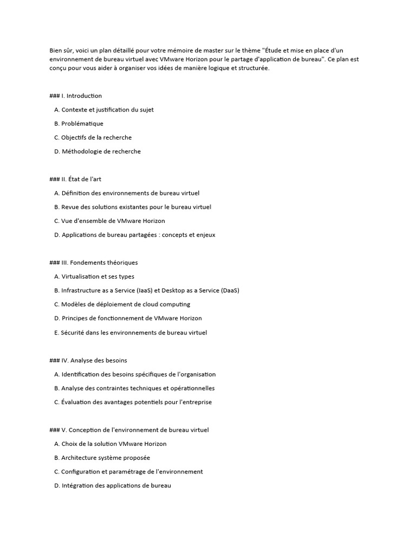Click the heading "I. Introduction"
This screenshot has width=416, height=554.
(81, 96)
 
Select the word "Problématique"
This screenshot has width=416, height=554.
(82, 124)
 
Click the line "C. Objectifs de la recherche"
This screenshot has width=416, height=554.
(93, 137)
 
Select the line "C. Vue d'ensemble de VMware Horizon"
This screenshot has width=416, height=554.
(109, 221)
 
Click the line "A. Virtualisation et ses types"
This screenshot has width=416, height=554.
(94, 276)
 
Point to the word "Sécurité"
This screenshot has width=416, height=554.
(73, 333)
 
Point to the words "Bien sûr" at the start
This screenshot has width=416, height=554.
(61, 51)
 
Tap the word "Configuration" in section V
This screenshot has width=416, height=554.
(81, 472)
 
